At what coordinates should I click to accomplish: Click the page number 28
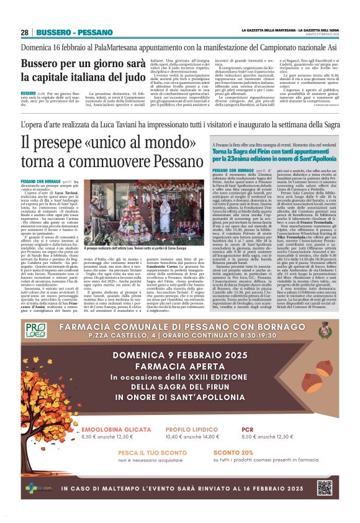coord(24,32)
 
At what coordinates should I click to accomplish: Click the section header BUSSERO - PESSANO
coord(65,32)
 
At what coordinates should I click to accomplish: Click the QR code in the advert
coord(324,488)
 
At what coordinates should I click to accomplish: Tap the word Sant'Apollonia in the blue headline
coord(304,160)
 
